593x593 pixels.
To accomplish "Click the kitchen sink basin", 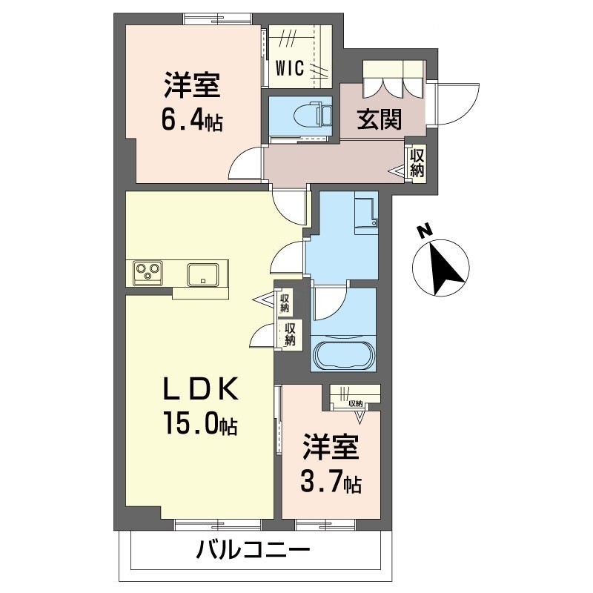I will [202, 274].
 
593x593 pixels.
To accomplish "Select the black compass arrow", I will [447, 268].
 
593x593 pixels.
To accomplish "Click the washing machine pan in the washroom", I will [365, 213].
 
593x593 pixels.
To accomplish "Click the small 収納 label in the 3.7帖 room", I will [355, 404].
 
